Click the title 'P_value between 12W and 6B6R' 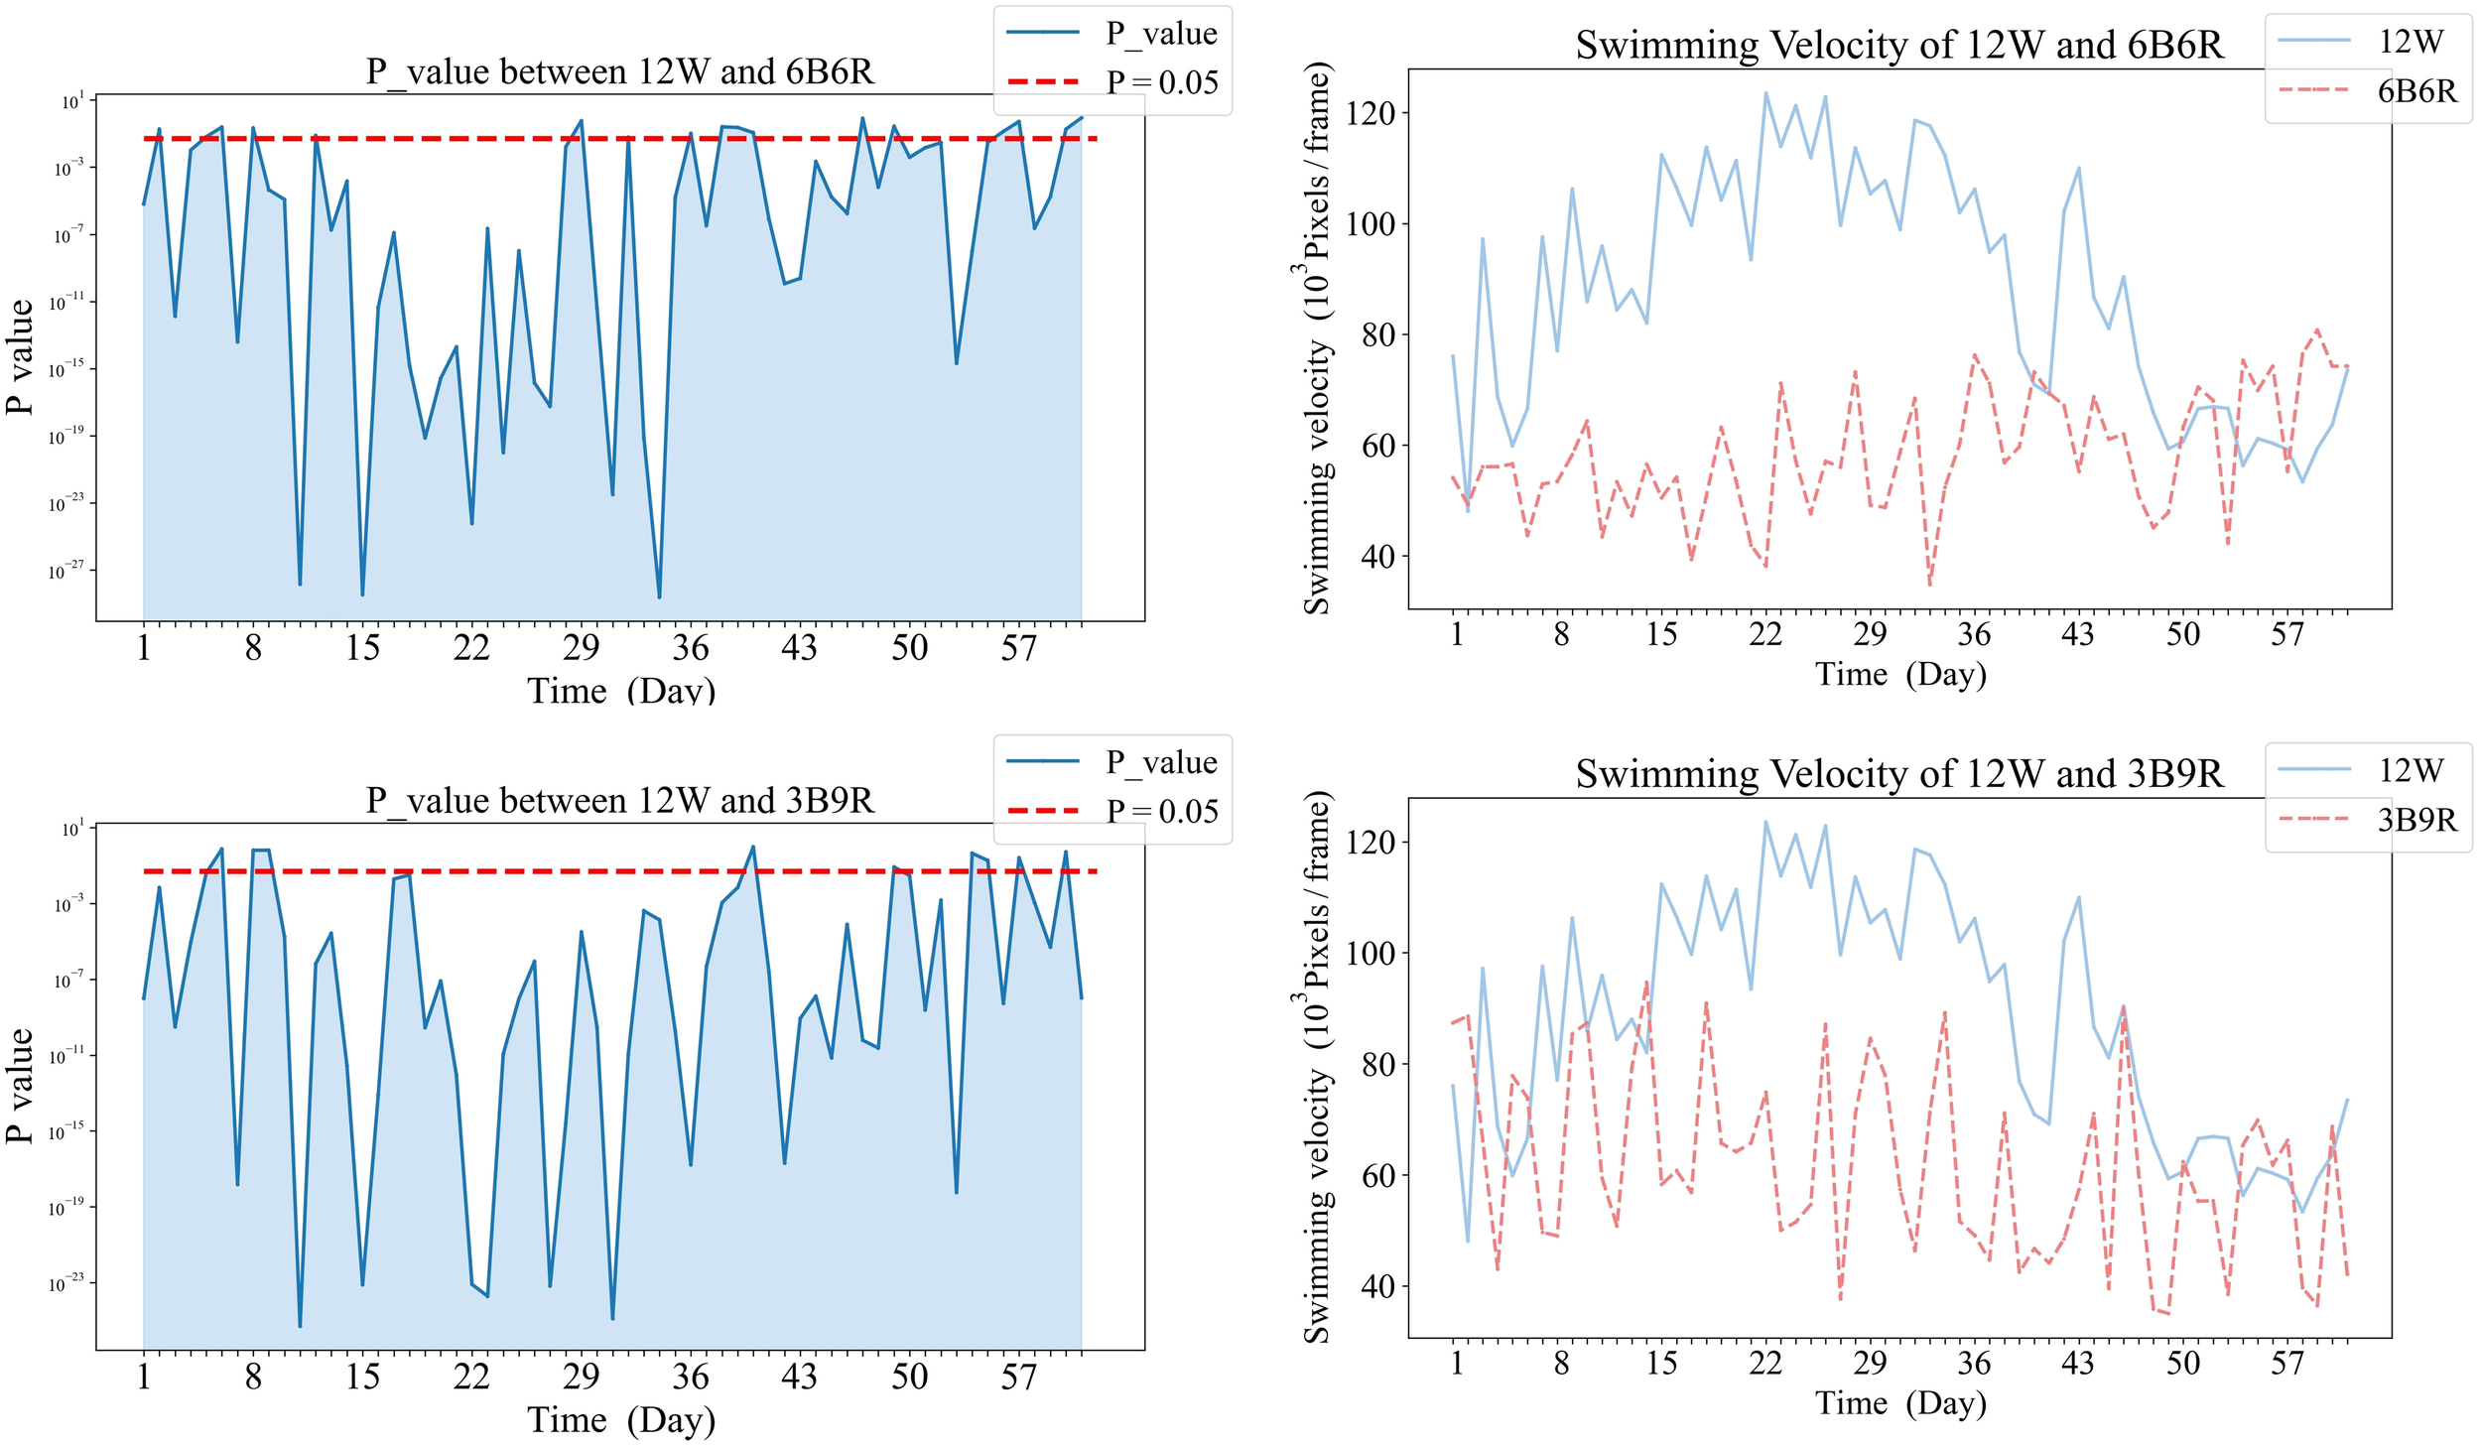click(x=619, y=72)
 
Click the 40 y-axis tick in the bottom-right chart click(x=1376, y=1286)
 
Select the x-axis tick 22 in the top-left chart click(x=471, y=648)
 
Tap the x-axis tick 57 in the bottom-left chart click(x=1018, y=1377)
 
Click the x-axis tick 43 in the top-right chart click(x=2077, y=634)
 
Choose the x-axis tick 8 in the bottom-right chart click(x=1561, y=1363)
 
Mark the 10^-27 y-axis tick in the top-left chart click(x=68, y=571)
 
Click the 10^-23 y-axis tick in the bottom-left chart click(x=68, y=1283)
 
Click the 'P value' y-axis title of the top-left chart click(x=21, y=357)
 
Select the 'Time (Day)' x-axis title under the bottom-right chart click(x=1900, y=1402)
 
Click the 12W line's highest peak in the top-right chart click(x=1764, y=93)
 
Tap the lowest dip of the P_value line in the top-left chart click(x=659, y=596)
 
